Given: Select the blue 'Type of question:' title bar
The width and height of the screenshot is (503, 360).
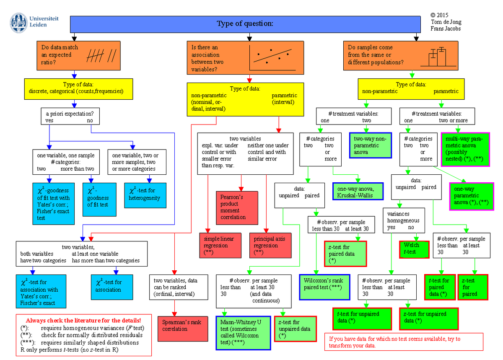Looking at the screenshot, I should [245, 23].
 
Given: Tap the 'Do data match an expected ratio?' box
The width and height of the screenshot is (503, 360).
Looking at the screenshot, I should [78, 55].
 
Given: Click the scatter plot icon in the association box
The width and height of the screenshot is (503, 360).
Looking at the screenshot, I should [272, 57].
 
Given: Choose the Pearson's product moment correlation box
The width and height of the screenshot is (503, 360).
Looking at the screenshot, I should [237, 207].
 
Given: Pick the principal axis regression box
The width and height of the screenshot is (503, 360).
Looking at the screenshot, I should [270, 245].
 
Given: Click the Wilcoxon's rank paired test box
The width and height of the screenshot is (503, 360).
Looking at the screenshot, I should [324, 287].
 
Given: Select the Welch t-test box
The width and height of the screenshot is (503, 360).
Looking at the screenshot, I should [414, 249].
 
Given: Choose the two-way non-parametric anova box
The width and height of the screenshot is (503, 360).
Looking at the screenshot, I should [370, 145].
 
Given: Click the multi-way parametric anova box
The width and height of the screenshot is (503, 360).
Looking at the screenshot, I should [465, 149].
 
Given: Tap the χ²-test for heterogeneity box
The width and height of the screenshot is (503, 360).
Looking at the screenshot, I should [145, 195].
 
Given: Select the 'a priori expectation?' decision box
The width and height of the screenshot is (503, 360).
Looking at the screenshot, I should [70, 117].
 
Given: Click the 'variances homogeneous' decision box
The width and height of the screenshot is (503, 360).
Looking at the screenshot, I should [403, 220].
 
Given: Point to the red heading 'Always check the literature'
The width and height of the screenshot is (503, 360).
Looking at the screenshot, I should [83, 320].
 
